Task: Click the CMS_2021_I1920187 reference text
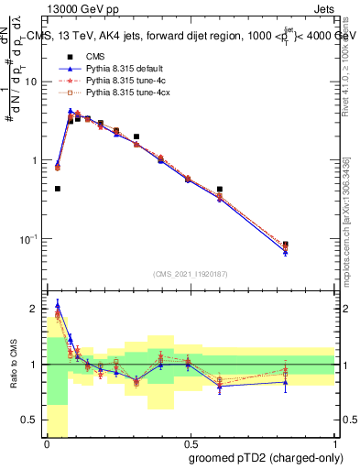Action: pos(190,275)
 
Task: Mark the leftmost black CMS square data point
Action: pos(58,189)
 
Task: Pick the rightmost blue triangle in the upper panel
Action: pos(286,253)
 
